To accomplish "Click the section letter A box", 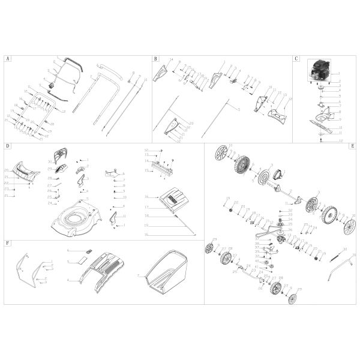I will pos(7,59).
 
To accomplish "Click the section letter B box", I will pos(155,59).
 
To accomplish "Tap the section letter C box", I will pos(296,59).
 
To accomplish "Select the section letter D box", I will pos(7,146).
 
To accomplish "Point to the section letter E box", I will pos(352,146).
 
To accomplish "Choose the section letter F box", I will pos(7,244).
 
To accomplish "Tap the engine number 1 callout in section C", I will pos(339,73).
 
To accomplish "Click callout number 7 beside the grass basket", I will pos(138,275).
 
